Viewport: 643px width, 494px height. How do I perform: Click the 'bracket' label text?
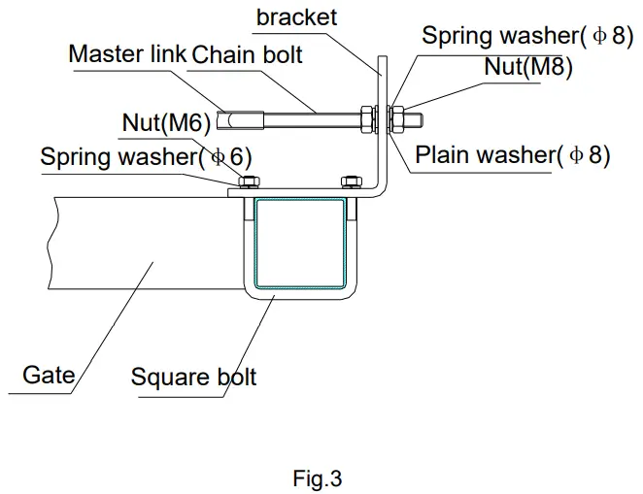click(297, 17)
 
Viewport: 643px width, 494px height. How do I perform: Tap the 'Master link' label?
click(126, 54)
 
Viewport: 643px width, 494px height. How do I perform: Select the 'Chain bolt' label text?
click(247, 54)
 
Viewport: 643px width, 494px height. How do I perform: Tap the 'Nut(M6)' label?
click(166, 123)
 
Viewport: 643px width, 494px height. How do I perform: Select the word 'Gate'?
click(49, 374)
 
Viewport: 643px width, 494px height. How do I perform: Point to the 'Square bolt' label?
click(193, 376)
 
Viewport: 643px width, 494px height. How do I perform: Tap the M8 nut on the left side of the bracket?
click(367, 120)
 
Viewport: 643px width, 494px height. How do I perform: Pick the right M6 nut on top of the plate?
click(349, 181)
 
